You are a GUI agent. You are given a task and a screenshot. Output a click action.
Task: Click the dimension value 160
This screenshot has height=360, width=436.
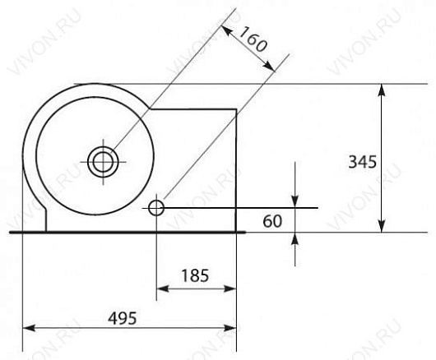(253, 39)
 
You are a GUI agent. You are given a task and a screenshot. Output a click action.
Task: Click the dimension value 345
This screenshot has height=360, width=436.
(362, 162)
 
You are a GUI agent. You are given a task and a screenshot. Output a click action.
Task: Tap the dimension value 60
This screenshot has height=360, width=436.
(272, 221)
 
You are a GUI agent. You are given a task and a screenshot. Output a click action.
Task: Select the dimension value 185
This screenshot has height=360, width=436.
(195, 276)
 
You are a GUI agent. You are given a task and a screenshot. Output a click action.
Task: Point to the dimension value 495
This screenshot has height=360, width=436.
(123, 318)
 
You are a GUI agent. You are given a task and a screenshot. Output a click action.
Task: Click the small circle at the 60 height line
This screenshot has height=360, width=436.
(156, 208)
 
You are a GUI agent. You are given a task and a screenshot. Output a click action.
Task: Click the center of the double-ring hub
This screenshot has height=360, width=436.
(103, 162)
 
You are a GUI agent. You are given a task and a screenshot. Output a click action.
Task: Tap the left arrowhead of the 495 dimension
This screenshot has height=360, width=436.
(29, 328)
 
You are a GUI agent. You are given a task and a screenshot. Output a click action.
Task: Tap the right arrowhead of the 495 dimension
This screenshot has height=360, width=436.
(230, 328)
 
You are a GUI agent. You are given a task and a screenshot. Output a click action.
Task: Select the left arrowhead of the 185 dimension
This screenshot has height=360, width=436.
(163, 288)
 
